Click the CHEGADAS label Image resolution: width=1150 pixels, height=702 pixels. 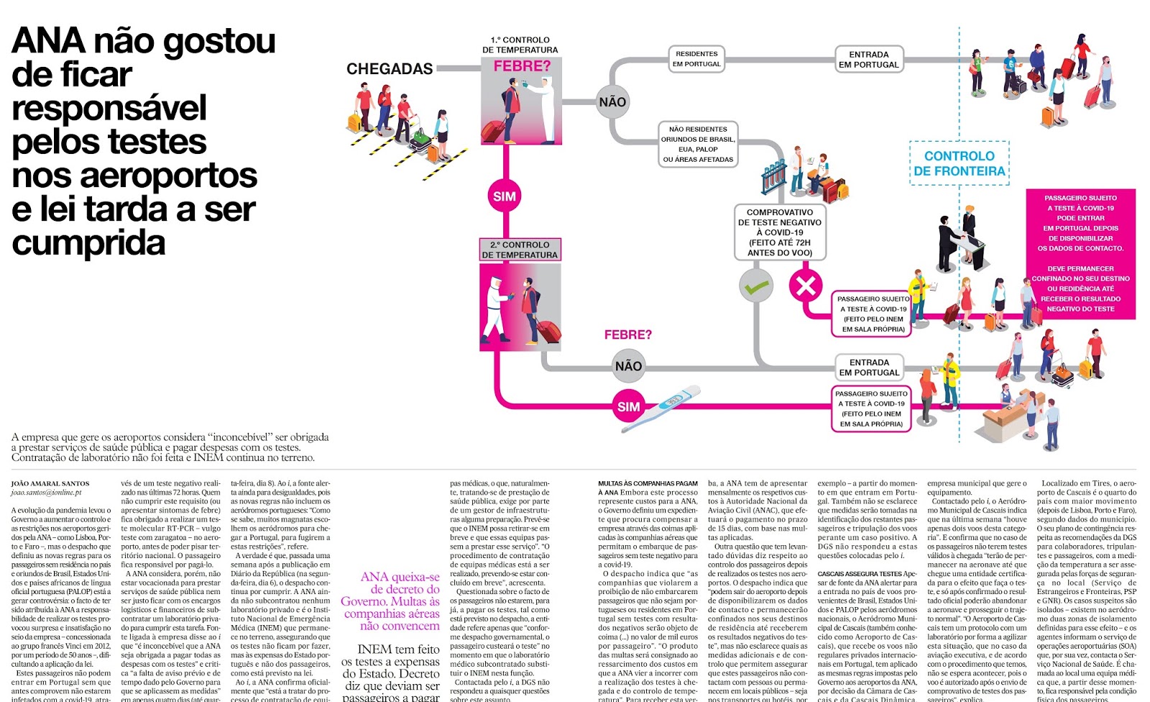point(390,69)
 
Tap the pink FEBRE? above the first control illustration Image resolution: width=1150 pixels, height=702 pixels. point(522,66)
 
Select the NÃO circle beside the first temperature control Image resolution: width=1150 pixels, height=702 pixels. point(612,102)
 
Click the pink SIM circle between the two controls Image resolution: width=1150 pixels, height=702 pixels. point(504,196)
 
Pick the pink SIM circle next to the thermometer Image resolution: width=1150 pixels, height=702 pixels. point(628,406)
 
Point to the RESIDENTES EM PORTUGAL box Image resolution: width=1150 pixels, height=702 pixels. point(696,59)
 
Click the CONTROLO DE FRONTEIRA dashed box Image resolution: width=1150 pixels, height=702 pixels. point(959,163)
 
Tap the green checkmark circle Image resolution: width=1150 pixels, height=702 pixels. point(756,286)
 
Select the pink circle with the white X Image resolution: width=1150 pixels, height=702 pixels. point(806,286)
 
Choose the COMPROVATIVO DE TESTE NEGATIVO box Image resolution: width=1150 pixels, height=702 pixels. point(780,232)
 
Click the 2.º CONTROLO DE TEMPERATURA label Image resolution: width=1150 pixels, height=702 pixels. point(520,250)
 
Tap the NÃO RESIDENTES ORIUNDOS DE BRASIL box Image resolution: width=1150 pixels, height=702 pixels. point(698,145)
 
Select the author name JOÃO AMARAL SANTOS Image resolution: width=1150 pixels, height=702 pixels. point(50,484)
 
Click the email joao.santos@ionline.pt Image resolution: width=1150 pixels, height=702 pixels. point(46,493)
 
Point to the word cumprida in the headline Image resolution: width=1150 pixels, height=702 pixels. point(88,243)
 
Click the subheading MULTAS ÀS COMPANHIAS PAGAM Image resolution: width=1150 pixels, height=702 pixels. point(648,484)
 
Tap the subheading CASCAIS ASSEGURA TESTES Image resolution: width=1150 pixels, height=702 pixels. point(859,574)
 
